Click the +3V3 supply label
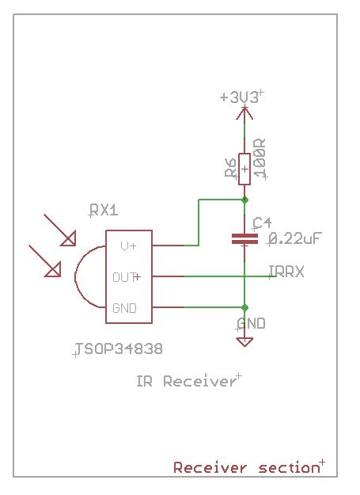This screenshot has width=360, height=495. coord(240,97)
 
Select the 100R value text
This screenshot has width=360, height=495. coord(260,159)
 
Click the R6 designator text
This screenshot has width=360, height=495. coord(230,169)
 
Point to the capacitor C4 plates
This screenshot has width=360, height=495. coord(244,238)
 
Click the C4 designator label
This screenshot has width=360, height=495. coord(262,223)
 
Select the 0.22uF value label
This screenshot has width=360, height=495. coord(297,238)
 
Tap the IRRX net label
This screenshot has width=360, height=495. coord(286,272)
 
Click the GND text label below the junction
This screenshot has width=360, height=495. coord(252,324)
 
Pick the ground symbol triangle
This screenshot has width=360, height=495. coord(244,341)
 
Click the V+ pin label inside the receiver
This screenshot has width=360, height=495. coord(128,246)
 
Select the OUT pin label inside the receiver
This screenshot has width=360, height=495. coord(125,277)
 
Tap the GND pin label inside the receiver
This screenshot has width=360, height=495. coord(124,307)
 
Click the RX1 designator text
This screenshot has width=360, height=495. coord(103,211)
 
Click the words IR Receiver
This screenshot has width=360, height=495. coord(186,382)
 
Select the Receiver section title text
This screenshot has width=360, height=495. coord(245,468)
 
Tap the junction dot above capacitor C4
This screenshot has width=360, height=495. coord(244,200)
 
